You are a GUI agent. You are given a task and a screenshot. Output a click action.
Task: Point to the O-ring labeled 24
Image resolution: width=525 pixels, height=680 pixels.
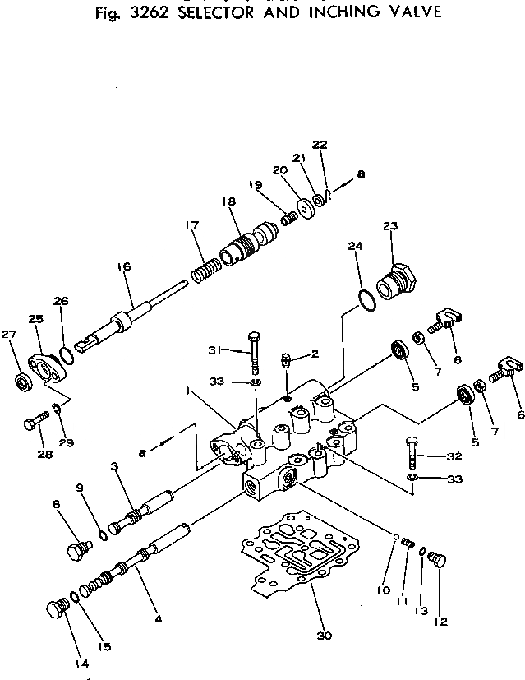[x=366, y=300]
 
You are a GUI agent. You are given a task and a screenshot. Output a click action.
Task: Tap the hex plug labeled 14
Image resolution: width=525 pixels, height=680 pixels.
[x=57, y=610]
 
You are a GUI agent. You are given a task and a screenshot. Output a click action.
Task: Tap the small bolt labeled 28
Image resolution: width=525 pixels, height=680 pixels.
[x=31, y=423]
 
